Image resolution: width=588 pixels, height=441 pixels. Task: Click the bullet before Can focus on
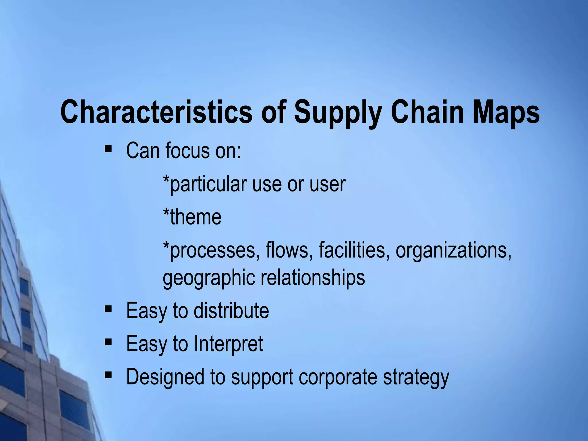coord(108,149)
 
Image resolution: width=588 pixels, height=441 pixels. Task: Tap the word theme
coord(196,217)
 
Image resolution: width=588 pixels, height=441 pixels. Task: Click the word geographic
coord(209,278)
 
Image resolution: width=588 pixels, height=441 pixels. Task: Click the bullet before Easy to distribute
coord(108,309)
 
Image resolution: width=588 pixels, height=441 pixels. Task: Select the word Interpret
coord(229,344)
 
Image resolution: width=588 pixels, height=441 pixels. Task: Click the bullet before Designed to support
coord(108,375)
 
